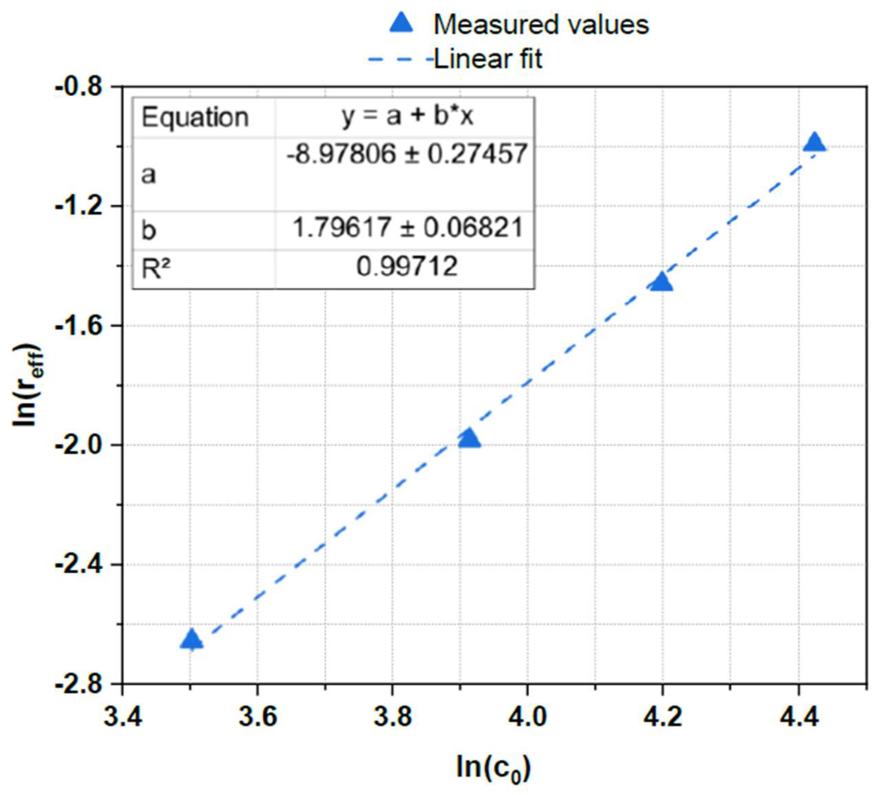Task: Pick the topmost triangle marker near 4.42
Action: tap(814, 143)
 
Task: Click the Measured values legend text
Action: tap(541, 25)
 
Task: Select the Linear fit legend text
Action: tap(488, 59)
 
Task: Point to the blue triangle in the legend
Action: tap(401, 23)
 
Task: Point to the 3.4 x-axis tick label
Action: tap(123, 717)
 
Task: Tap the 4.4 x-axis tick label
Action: tap(798, 717)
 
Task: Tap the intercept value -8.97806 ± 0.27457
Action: tap(407, 154)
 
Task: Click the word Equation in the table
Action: tap(195, 117)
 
